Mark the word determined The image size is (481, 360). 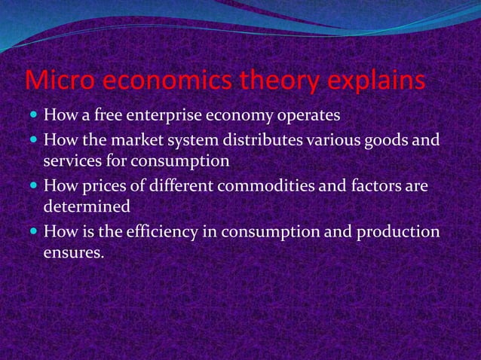(x=87, y=206)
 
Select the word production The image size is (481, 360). (x=399, y=230)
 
